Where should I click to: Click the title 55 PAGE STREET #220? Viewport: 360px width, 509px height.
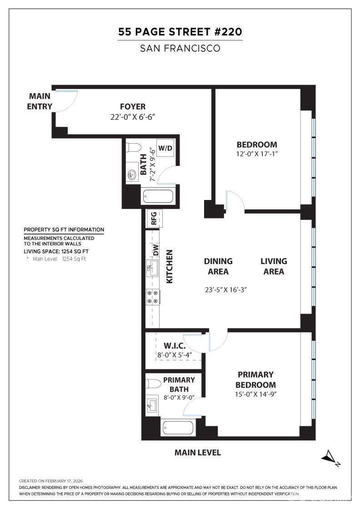point(180,32)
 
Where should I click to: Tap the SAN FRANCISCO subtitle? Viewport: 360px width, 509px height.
point(180,48)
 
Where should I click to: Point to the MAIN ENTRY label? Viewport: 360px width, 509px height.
point(40,101)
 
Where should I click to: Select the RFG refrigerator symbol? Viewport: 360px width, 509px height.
point(153,219)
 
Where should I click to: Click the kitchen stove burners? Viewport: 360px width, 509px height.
point(152,297)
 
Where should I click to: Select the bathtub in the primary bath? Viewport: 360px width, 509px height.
point(178,428)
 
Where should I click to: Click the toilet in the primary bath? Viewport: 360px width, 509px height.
point(153,384)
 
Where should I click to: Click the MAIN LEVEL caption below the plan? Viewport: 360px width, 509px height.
point(198,453)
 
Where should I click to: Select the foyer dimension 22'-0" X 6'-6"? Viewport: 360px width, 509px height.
point(133,117)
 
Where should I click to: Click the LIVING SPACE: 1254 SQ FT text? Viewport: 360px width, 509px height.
point(56,251)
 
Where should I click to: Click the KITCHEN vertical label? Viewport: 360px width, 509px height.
point(170,266)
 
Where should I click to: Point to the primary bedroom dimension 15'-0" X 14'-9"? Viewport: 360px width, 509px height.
point(255,394)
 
